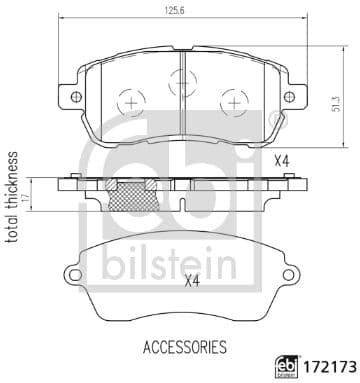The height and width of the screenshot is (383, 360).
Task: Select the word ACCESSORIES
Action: pos(171,347)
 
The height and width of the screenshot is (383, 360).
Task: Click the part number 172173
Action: pos(322,363)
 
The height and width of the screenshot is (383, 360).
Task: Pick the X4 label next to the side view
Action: pos(282,161)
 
